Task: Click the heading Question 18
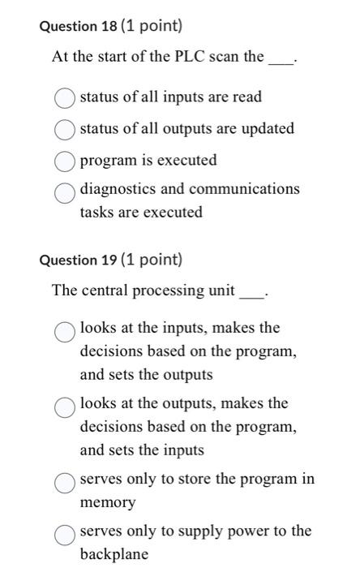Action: (79, 25)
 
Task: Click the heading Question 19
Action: (79, 260)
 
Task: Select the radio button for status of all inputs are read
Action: (66, 98)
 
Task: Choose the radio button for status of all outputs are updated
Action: (66, 130)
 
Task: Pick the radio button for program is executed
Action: (66, 161)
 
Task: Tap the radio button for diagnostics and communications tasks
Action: (66, 191)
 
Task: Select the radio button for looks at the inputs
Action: (66, 331)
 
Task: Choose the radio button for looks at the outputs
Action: (66, 407)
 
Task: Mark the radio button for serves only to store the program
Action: (66, 483)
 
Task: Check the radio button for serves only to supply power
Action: (66, 535)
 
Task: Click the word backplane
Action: (114, 555)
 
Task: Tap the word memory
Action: (108, 503)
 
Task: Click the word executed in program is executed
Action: (187, 161)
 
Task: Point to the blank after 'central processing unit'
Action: (251, 295)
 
